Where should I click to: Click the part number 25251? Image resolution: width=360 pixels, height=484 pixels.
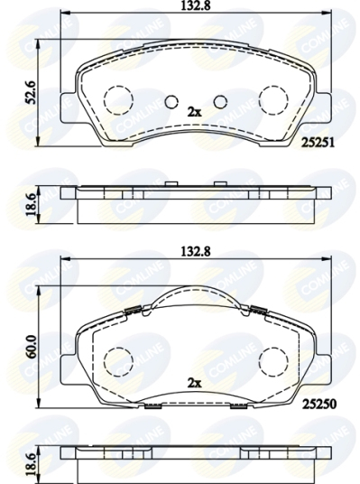pos(318,143)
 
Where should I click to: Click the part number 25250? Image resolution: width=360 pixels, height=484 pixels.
pos(319,404)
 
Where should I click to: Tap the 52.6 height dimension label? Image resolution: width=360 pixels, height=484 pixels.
pos(32,93)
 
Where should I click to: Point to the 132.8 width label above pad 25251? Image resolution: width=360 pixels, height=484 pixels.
pos(196,6)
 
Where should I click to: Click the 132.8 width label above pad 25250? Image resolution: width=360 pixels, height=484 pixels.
pos(196,252)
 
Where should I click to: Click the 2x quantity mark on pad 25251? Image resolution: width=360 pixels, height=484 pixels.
pos(194,112)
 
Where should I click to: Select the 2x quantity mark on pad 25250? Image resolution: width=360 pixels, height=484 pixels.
pos(194,384)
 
